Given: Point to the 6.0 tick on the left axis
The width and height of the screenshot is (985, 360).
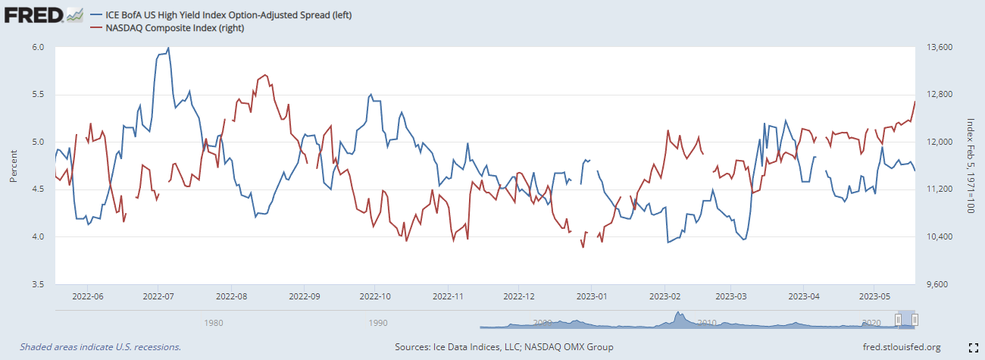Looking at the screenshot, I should click(x=39, y=47).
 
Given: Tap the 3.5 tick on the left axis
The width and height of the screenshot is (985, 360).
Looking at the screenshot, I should click(x=39, y=284).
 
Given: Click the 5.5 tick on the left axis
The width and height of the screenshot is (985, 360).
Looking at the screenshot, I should click(x=39, y=95).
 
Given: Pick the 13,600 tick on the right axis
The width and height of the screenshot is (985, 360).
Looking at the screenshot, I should click(x=938, y=47).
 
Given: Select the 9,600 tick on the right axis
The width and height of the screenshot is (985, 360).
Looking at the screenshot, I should click(x=936, y=284).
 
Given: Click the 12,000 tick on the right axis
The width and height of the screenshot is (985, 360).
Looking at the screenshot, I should click(x=938, y=142).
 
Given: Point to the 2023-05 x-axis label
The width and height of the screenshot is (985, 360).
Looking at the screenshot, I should click(x=874, y=296).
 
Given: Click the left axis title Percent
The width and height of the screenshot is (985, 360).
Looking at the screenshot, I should click(x=14, y=165).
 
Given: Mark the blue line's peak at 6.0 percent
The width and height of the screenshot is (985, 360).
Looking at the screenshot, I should click(x=168, y=48).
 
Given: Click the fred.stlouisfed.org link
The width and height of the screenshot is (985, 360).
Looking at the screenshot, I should click(x=902, y=347).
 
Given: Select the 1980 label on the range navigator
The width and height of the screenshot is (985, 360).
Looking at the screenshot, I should click(x=214, y=322).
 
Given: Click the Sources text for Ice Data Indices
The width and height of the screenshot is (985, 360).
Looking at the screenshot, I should click(x=504, y=347).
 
